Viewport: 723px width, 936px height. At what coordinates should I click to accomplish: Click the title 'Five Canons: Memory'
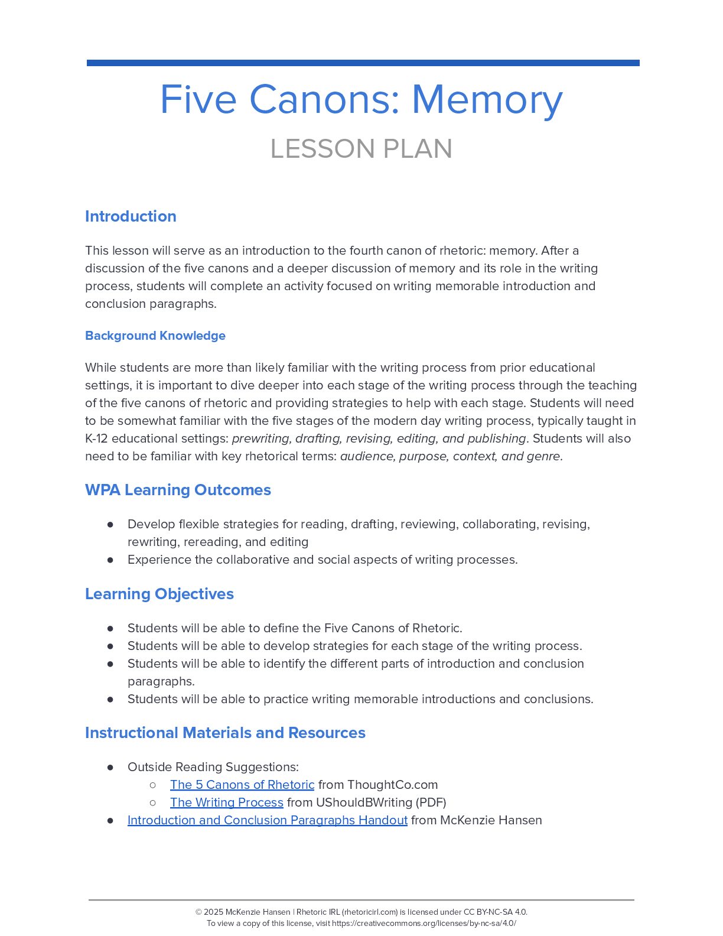pyautogui.click(x=361, y=99)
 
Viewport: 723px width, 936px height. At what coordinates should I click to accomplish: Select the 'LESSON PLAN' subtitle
pyautogui.click(x=361, y=149)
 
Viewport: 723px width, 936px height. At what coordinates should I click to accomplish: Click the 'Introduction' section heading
pyautogui.click(x=131, y=216)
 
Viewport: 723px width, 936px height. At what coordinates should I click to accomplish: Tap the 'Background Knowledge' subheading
pyautogui.click(x=155, y=336)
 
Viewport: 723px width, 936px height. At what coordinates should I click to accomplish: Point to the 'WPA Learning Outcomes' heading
pyautogui.click(x=178, y=490)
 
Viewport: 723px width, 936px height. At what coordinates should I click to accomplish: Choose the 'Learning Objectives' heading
pyautogui.click(x=159, y=594)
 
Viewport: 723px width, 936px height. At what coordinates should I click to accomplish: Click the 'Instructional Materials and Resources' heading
pyautogui.click(x=225, y=733)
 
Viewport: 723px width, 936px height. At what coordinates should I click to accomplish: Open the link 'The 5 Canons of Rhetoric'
pyautogui.click(x=242, y=785)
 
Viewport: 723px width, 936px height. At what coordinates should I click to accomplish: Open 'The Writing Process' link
pyautogui.click(x=227, y=802)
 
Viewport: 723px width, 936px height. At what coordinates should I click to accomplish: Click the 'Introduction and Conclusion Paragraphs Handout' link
pyautogui.click(x=268, y=820)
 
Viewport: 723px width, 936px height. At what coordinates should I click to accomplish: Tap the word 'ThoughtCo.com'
pyautogui.click(x=393, y=785)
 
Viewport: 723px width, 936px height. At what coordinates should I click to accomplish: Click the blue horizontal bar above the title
pyautogui.click(x=363, y=63)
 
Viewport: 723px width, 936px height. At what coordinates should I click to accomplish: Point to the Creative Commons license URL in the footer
pyautogui.click(x=424, y=924)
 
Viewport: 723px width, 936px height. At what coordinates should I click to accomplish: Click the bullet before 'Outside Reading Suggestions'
pyautogui.click(x=110, y=767)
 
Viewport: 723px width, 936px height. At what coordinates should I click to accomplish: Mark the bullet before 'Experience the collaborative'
pyautogui.click(x=110, y=560)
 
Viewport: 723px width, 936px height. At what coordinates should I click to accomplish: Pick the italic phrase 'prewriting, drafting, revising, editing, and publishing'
pyautogui.click(x=379, y=438)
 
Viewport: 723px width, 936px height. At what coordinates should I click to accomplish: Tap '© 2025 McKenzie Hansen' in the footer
pyautogui.click(x=243, y=912)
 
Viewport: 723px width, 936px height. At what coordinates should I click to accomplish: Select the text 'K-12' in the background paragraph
pyautogui.click(x=97, y=438)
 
